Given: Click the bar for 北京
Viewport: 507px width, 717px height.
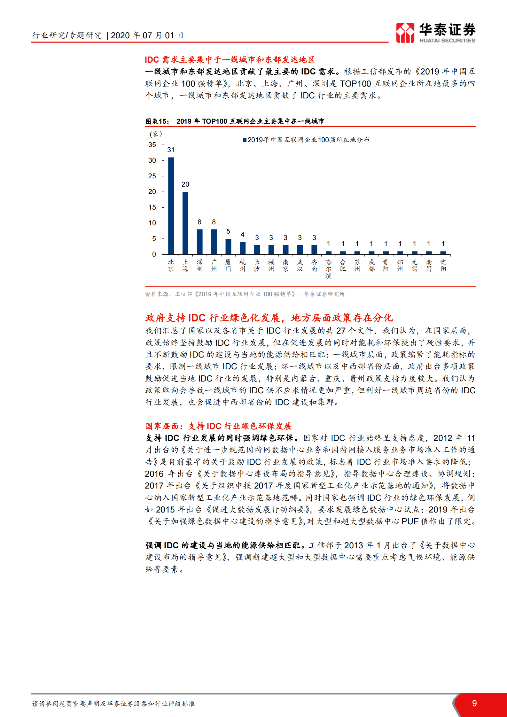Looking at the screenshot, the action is [171, 206].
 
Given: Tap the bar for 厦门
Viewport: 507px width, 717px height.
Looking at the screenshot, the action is [228, 246].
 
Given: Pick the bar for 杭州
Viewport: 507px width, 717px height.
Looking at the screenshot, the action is [243, 248].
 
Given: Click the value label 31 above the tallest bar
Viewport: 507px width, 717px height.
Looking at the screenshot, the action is [171, 150].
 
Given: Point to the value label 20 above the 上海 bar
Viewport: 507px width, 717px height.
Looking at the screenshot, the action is [185, 184].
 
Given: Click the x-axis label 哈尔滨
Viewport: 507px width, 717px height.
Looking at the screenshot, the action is [328, 269].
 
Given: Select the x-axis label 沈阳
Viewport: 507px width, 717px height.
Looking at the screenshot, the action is [443, 266].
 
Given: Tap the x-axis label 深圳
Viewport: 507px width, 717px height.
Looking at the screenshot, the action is [200, 266].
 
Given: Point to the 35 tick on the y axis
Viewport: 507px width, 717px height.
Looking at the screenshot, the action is [152, 145].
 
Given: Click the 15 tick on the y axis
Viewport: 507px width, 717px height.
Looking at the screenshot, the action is [152, 207].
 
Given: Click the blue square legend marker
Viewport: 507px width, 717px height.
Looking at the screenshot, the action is [245, 140].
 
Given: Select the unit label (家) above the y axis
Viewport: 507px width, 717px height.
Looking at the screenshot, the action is [156, 134].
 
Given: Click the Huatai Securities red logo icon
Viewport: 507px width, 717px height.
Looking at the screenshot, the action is [405, 33].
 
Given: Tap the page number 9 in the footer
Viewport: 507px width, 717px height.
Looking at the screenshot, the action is [474, 703].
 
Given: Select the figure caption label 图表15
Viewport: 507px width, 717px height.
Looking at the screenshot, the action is [157, 121].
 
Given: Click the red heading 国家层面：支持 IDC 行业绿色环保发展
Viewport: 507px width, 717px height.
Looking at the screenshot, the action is [219, 426].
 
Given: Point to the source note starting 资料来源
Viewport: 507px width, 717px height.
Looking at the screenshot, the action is [245, 294].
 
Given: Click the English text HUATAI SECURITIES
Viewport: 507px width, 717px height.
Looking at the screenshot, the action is [447, 41].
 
